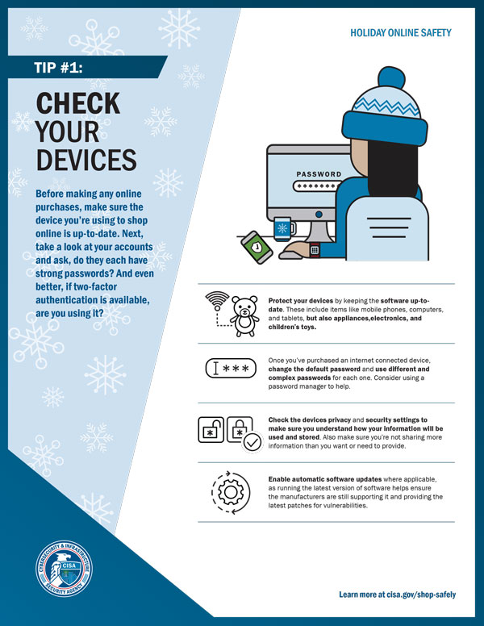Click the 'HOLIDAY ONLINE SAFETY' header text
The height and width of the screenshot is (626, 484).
(400, 33)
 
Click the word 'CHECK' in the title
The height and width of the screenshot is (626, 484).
(78, 103)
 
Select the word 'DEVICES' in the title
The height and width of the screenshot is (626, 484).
(86, 158)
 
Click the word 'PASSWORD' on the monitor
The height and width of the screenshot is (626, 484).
(319, 174)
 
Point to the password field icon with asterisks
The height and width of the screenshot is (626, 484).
(230, 369)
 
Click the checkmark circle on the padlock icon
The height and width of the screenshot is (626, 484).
(252, 442)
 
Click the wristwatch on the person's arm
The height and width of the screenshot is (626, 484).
(314, 249)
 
